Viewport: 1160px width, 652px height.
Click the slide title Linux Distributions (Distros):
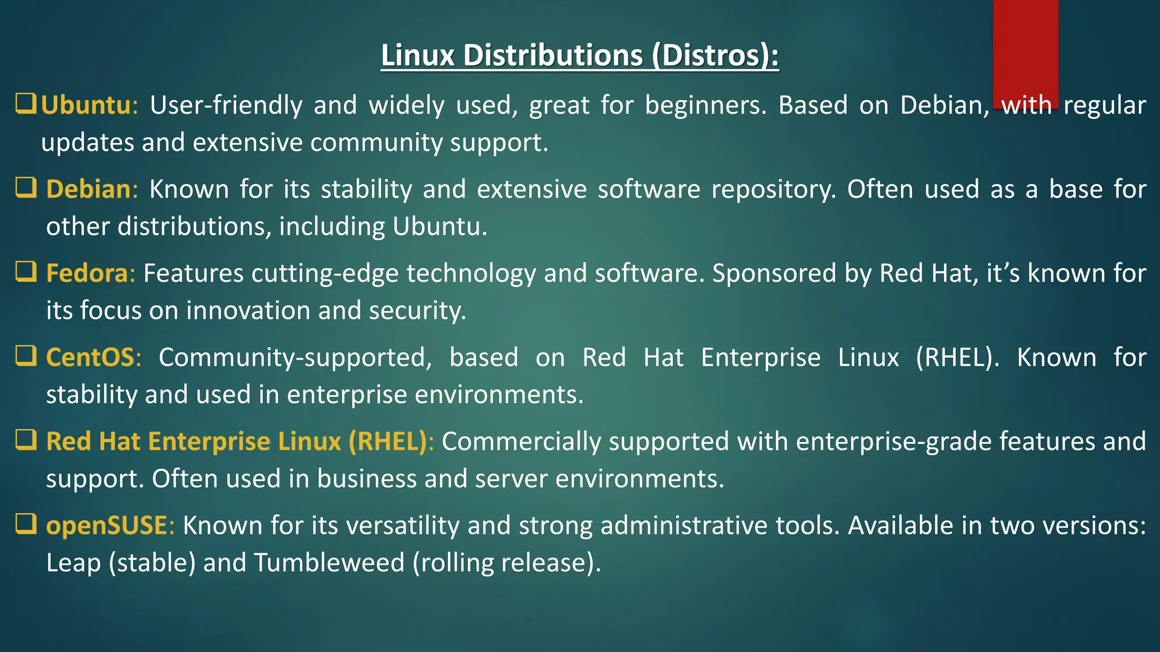[x=579, y=55]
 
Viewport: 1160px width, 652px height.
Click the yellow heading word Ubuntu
[x=86, y=105]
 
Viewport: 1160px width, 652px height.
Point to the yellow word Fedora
[x=87, y=273]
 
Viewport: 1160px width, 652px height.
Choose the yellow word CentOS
[x=90, y=357]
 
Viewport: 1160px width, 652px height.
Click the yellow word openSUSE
[x=106, y=525]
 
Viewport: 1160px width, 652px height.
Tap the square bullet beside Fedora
[x=26, y=272]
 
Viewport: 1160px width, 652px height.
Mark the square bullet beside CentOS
[x=26, y=356]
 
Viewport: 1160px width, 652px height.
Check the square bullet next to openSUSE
[x=26, y=524]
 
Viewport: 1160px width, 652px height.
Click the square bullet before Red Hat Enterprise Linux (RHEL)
[x=26, y=440]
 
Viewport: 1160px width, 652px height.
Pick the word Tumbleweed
[x=329, y=563]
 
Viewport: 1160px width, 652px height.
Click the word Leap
[x=73, y=563]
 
